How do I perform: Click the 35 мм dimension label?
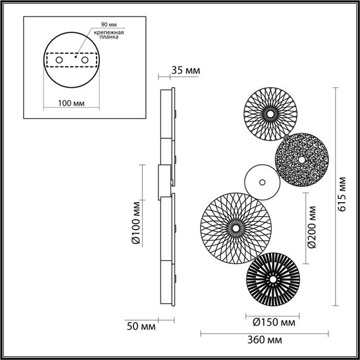click(186, 71)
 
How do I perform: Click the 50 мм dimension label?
click(139, 328)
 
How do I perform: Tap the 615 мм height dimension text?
click(342, 194)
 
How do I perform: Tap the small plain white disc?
click(261, 181)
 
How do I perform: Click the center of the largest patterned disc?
click(234, 224)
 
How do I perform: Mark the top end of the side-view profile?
click(167, 88)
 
